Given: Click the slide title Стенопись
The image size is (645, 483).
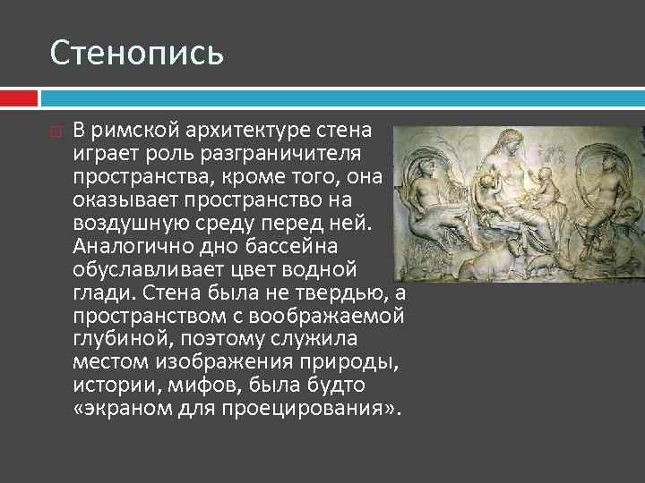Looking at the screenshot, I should (x=136, y=53).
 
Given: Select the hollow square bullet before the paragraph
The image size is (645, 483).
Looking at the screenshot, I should (x=56, y=131).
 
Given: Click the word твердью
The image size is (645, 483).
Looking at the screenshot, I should (x=340, y=292).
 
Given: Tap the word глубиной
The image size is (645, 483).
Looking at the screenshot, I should (x=116, y=339).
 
